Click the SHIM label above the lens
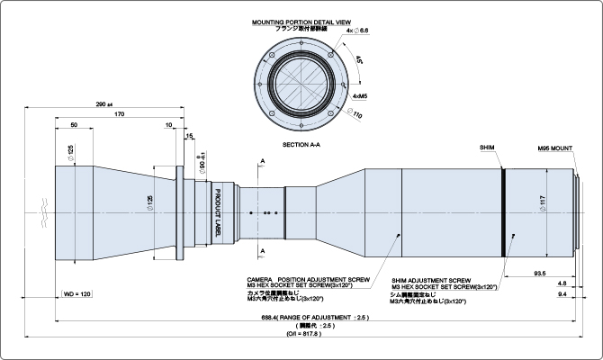(487, 145)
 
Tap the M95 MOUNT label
(555, 146)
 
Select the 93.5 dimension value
(541, 271)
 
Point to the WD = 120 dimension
(77, 294)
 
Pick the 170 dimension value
(119, 115)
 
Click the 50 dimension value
(73, 125)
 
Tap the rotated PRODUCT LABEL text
(217, 206)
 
